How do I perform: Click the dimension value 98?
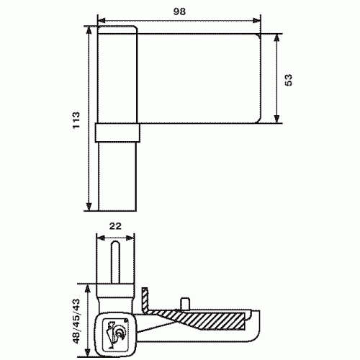coord(179,12)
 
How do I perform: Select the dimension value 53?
coord(288,80)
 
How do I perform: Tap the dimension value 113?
coord(76,120)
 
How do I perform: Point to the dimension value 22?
coord(115,226)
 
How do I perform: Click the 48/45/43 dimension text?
coord(76,321)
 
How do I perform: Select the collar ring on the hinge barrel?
coord(117,132)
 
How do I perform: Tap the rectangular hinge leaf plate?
coord(199,78)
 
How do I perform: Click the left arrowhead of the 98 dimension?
coord(102,21)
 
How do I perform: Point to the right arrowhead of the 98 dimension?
coord(257,21)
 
